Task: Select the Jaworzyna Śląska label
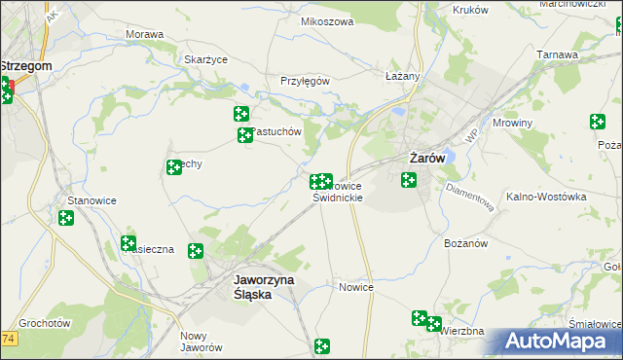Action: point(266,283)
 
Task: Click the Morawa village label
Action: point(144,34)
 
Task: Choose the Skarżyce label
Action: point(205,59)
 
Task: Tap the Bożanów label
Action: point(464,242)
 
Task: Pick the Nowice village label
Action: point(356,287)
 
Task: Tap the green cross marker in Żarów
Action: point(409,179)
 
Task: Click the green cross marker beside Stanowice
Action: point(65,219)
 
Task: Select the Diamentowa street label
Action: point(471,195)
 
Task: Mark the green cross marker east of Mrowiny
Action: point(597,122)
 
